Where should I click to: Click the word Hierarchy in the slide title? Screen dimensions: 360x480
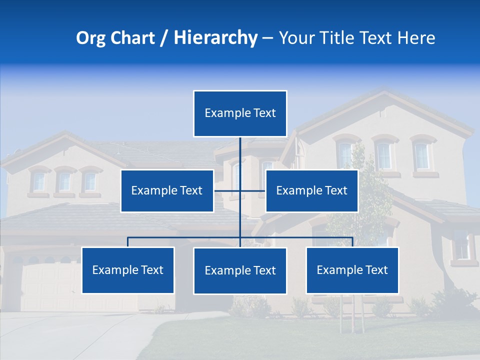pos(215,38)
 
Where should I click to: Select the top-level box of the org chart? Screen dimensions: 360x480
pos(240,113)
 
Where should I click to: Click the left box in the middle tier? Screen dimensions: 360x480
pos(167,190)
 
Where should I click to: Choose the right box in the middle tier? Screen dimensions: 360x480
pos(311,190)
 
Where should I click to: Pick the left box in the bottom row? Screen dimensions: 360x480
pos(128,270)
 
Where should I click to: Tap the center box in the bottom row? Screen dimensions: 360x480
pos(240,270)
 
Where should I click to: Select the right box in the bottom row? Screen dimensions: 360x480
pos(352,270)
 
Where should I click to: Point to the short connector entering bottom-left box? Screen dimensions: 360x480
pos(128,242)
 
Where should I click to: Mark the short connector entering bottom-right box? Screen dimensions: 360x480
pos(352,242)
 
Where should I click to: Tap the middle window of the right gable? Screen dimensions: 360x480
pos(384,155)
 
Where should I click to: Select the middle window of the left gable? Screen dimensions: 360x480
pos(64,181)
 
